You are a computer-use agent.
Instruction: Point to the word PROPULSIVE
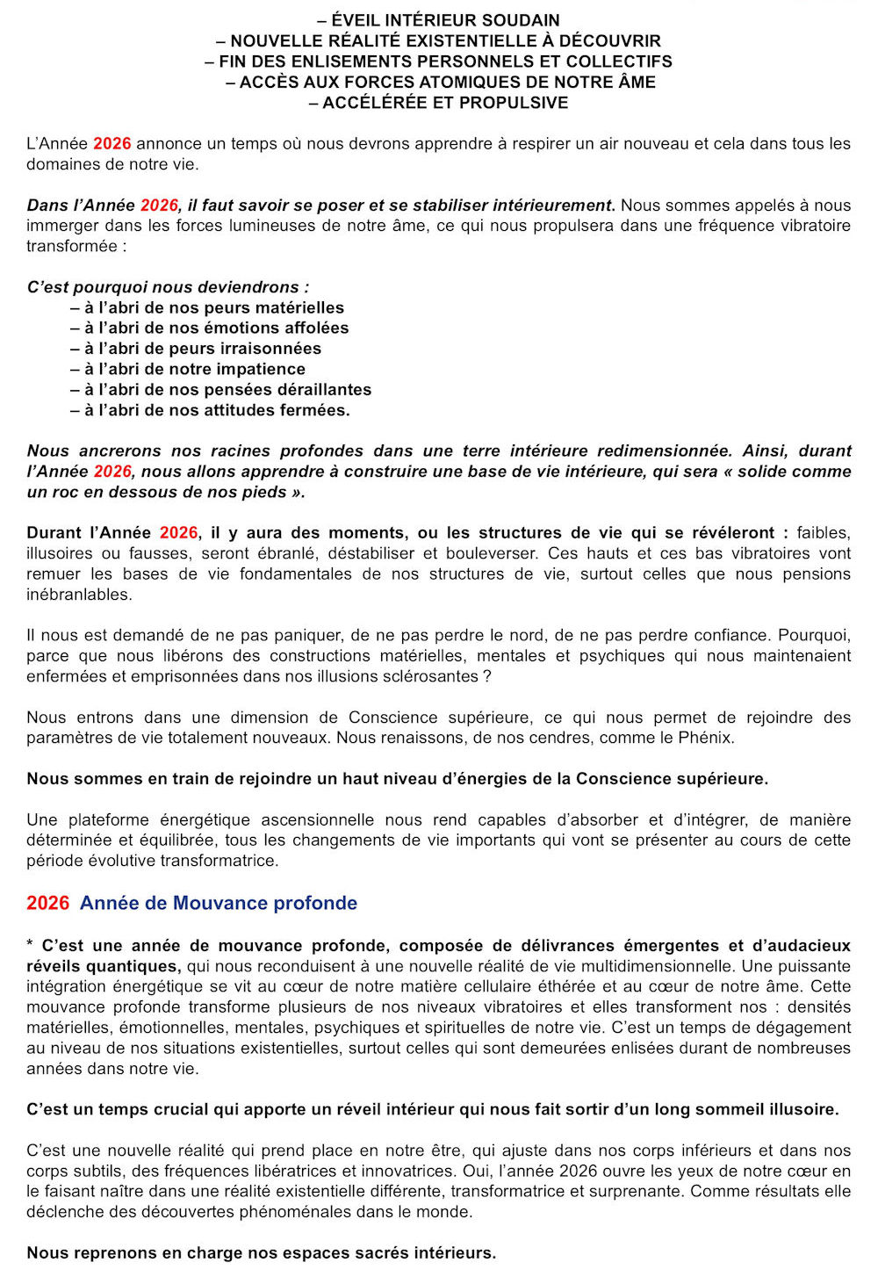tap(517, 103)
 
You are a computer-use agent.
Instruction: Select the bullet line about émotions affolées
tap(210, 328)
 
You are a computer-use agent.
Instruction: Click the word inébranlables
tap(79, 595)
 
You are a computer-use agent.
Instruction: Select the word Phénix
tap(705, 738)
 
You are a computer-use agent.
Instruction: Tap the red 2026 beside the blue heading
tap(47, 903)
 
